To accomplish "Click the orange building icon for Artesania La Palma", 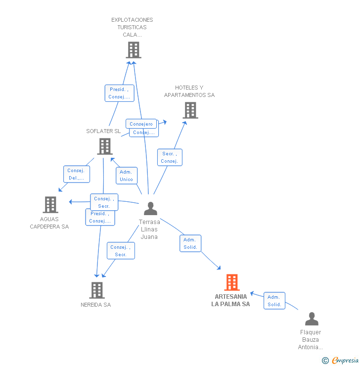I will [231, 282].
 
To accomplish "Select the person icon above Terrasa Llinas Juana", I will [150, 209].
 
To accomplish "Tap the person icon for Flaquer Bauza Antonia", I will [312, 319].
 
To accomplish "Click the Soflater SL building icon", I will [105, 146].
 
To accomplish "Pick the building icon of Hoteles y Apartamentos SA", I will [190, 110].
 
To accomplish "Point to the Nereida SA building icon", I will [97, 290].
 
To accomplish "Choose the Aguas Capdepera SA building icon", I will [50, 205].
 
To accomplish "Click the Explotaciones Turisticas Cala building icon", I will [133, 50].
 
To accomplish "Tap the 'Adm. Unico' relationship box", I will [126, 176].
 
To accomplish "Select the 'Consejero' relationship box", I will [141, 124].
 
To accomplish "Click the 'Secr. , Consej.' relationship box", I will [170, 157].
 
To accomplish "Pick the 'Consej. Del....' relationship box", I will [76, 174].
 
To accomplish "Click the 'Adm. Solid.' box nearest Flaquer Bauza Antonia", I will [274, 301].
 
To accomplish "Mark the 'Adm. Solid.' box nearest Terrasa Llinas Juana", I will [190, 243].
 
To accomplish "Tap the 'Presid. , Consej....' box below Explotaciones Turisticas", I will [119, 93].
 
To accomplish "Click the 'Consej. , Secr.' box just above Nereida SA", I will [121, 251].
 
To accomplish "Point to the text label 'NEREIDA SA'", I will [96, 305].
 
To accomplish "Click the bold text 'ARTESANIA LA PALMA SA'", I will [230, 300].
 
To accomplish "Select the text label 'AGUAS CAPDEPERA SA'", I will [49, 223].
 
